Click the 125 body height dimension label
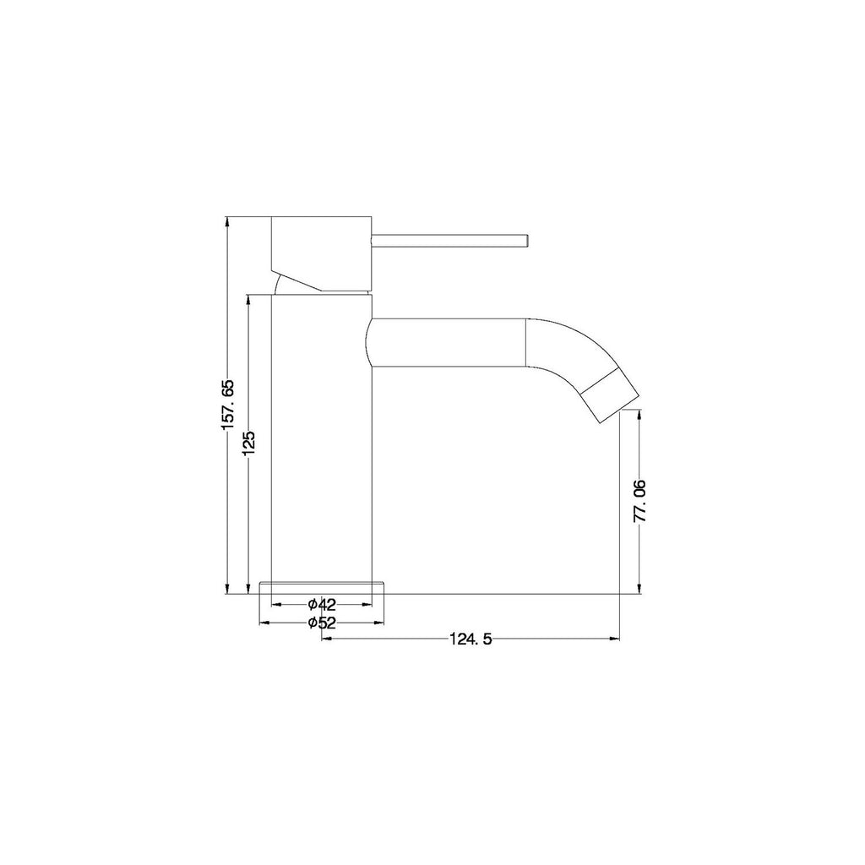[248, 443]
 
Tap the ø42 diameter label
[322, 604]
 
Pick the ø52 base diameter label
[322, 623]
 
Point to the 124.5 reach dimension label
[471, 639]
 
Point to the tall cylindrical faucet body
[321, 439]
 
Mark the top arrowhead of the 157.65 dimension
[226, 221]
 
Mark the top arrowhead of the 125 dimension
[248, 298]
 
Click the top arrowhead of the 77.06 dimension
[639, 412]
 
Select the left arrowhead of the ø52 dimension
[262, 623]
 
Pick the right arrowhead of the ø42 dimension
[367, 604]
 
